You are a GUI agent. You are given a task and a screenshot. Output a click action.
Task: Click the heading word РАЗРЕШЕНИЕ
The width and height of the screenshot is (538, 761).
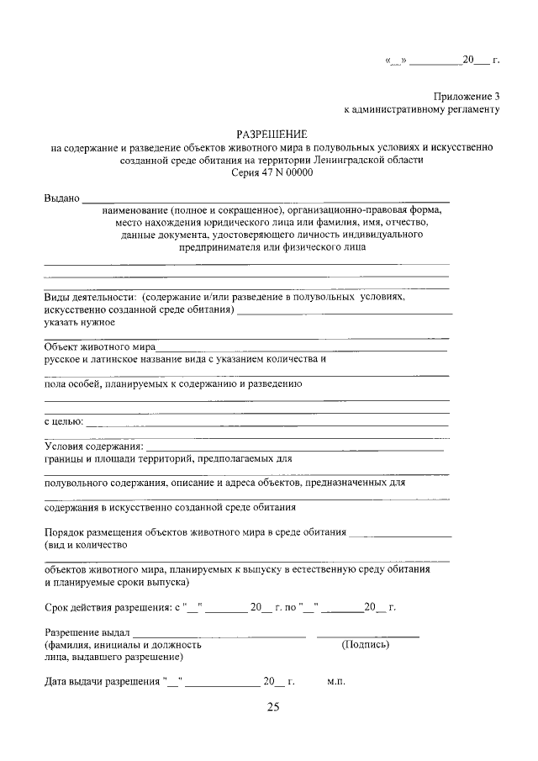click(x=272, y=134)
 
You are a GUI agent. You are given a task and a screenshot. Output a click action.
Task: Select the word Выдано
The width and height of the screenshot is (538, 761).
click(x=61, y=198)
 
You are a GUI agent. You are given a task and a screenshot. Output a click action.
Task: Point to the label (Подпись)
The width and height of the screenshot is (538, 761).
click(x=366, y=645)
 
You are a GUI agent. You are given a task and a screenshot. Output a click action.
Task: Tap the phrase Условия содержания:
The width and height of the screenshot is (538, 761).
click(x=93, y=446)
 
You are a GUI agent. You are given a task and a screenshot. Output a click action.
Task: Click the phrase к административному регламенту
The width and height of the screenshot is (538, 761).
click(x=422, y=109)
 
